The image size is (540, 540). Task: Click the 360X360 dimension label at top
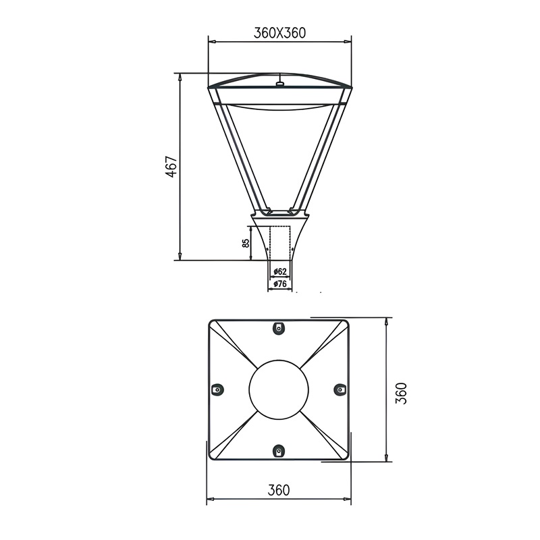tap(279, 32)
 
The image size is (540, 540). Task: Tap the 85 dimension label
tap(246, 242)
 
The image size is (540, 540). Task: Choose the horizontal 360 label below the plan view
tap(279, 490)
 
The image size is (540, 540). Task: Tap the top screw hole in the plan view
tap(279, 328)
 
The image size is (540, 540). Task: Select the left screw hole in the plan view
tap(217, 389)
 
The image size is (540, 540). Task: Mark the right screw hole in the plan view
tap(340, 389)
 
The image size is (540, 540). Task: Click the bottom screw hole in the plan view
tap(279, 451)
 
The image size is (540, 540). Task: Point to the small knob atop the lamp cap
tap(279, 84)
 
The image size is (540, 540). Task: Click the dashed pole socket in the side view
tap(281, 243)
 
